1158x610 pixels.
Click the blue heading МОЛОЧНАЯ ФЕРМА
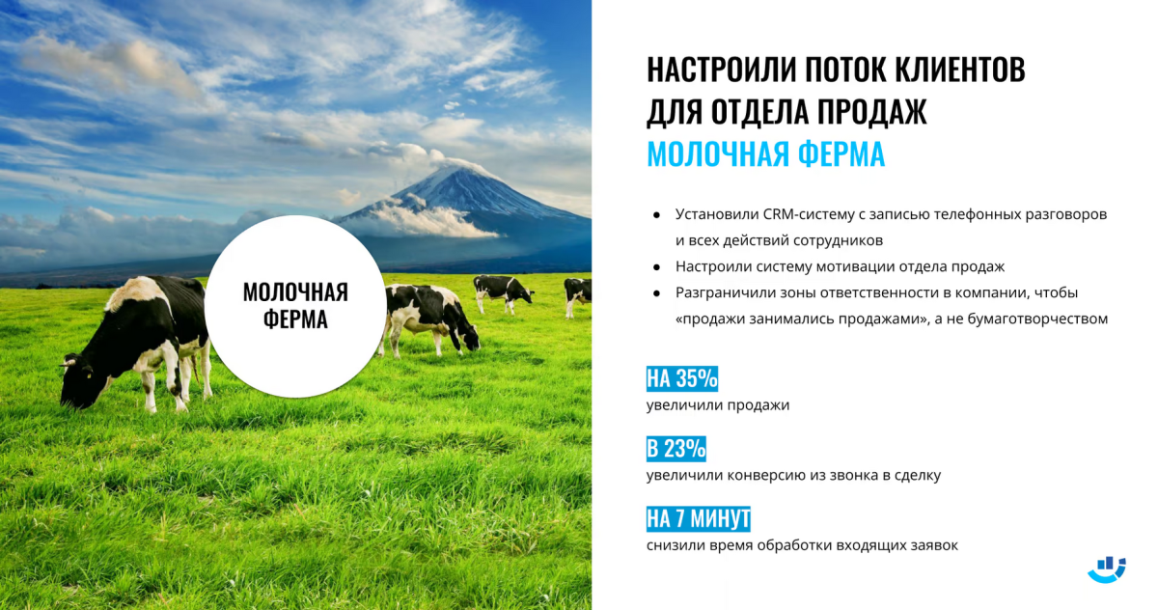[765, 154]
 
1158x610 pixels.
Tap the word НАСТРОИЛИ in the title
[714, 69]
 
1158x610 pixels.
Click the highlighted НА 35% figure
[682, 378]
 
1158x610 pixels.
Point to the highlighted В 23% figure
[676, 448]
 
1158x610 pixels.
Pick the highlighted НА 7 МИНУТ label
[699, 518]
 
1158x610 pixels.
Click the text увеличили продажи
[718, 404]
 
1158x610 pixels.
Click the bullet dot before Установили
[656, 215]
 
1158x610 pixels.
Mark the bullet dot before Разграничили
[656, 293]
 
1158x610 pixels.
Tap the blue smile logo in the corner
[1107, 569]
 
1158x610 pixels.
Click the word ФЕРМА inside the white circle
[295, 319]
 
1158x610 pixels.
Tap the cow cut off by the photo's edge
[577, 294]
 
